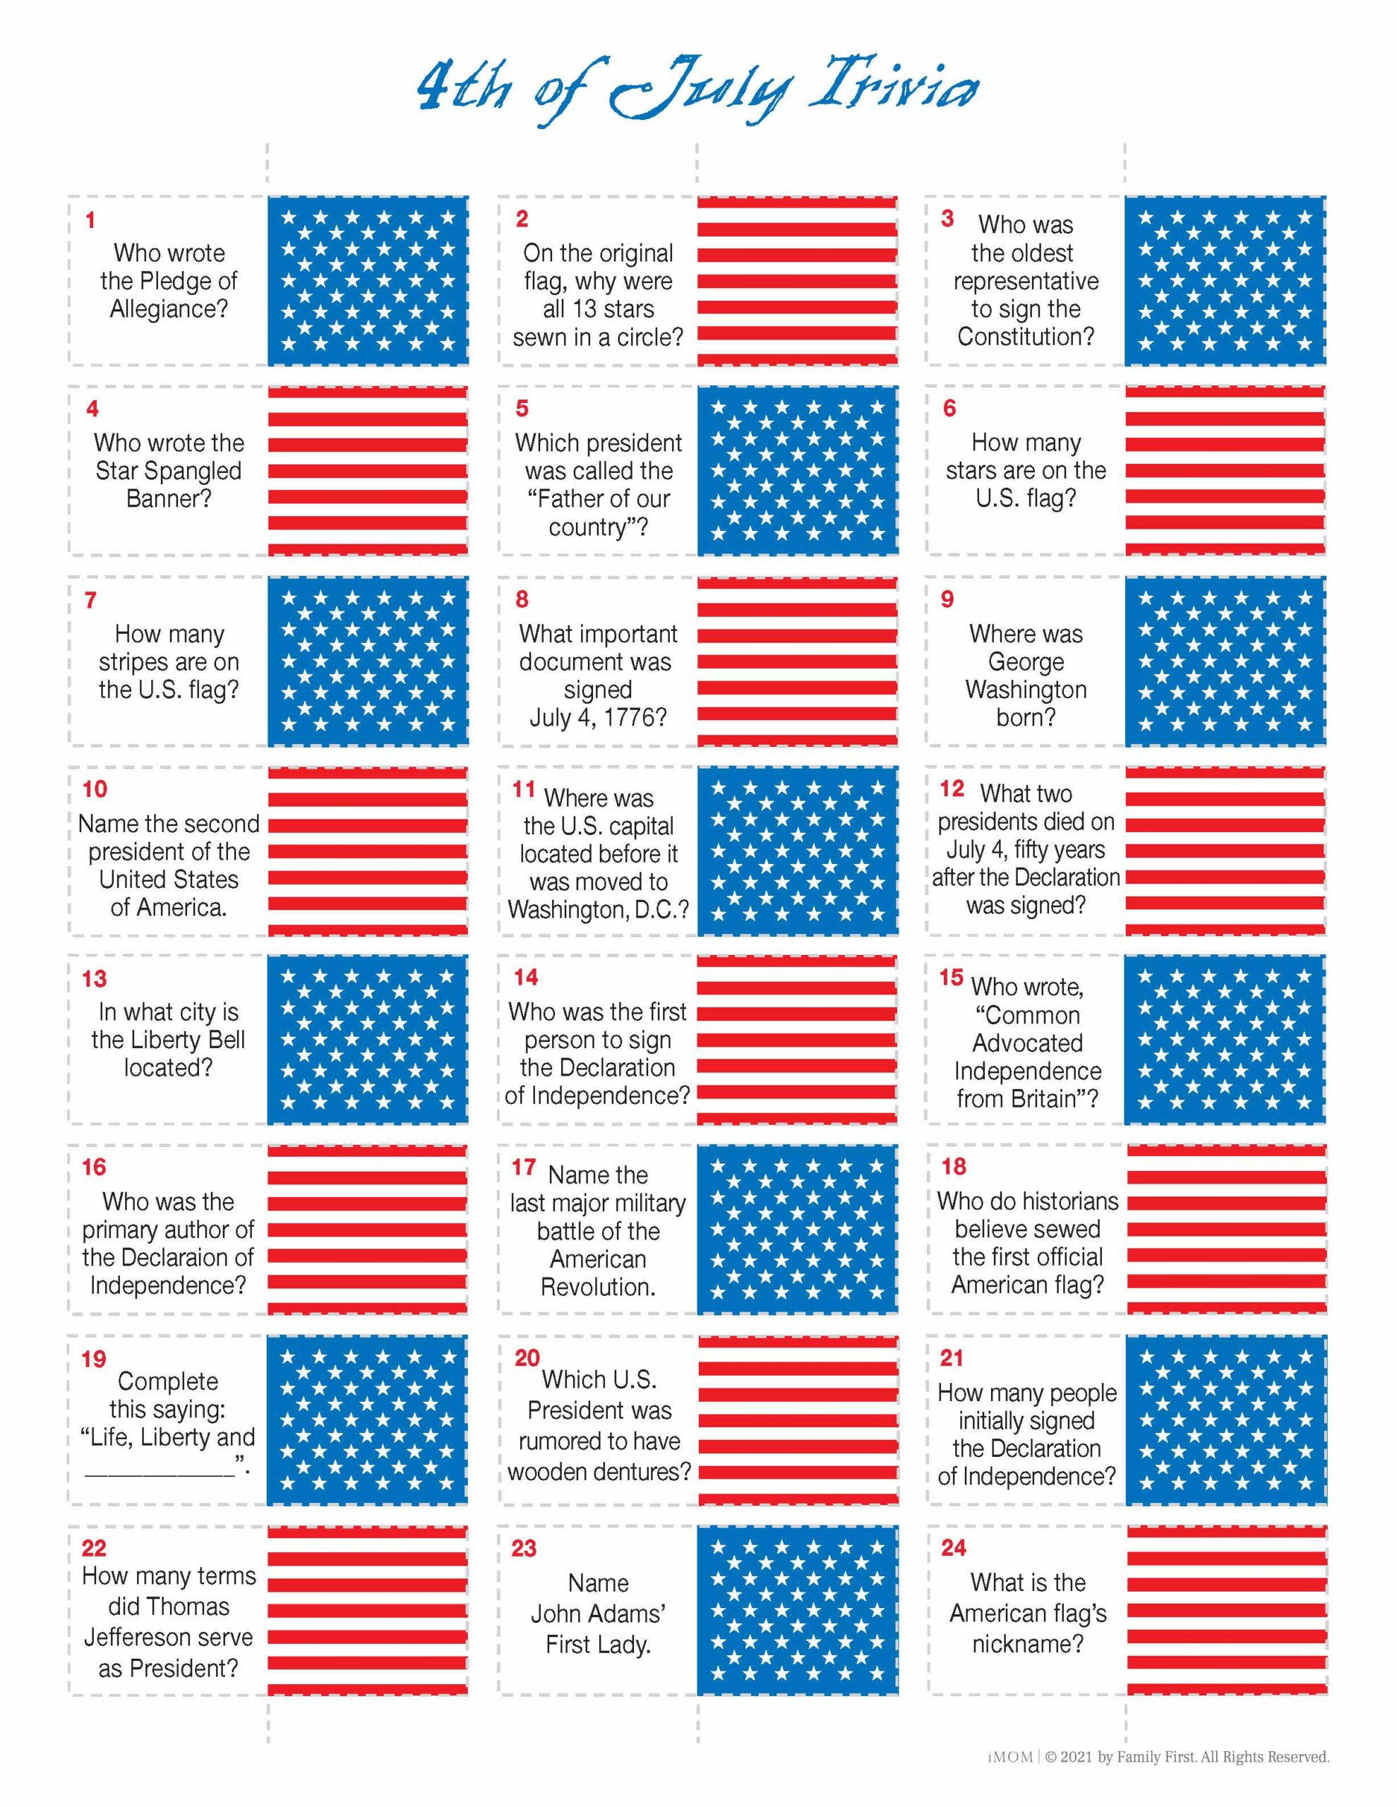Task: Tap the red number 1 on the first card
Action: coord(90,221)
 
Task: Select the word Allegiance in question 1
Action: coord(169,309)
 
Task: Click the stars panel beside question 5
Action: coord(797,471)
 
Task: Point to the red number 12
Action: coord(952,788)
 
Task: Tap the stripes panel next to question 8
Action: coord(797,661)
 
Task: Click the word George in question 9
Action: coord(1026,662)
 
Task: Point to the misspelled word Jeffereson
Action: coord(168,1638)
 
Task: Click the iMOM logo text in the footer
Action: coord(1009,1756)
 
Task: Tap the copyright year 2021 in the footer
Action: coord(1077,1756)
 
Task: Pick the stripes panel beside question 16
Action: coord(366,1230)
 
